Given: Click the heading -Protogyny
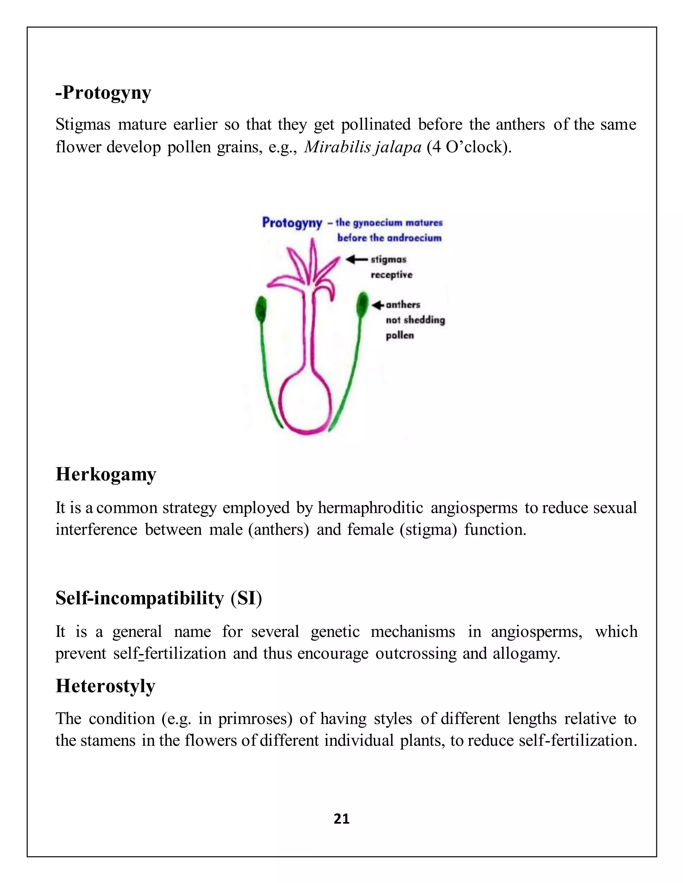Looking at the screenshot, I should click(103, 93).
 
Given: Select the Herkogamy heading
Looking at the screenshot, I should click(106, 474).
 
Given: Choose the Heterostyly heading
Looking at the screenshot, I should click(105, 686).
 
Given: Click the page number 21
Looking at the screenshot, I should click(341, 819).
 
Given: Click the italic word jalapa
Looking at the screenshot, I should click(399, 148).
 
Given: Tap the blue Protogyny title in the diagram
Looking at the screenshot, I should click(292, 223).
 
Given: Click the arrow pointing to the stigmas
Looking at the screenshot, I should click(356, 259).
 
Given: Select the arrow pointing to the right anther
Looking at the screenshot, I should click(378, 305).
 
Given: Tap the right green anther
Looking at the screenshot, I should click(362, 305).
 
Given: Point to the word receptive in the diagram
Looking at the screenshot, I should click(392, 275).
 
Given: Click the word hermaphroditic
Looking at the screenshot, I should click(370, 508).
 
